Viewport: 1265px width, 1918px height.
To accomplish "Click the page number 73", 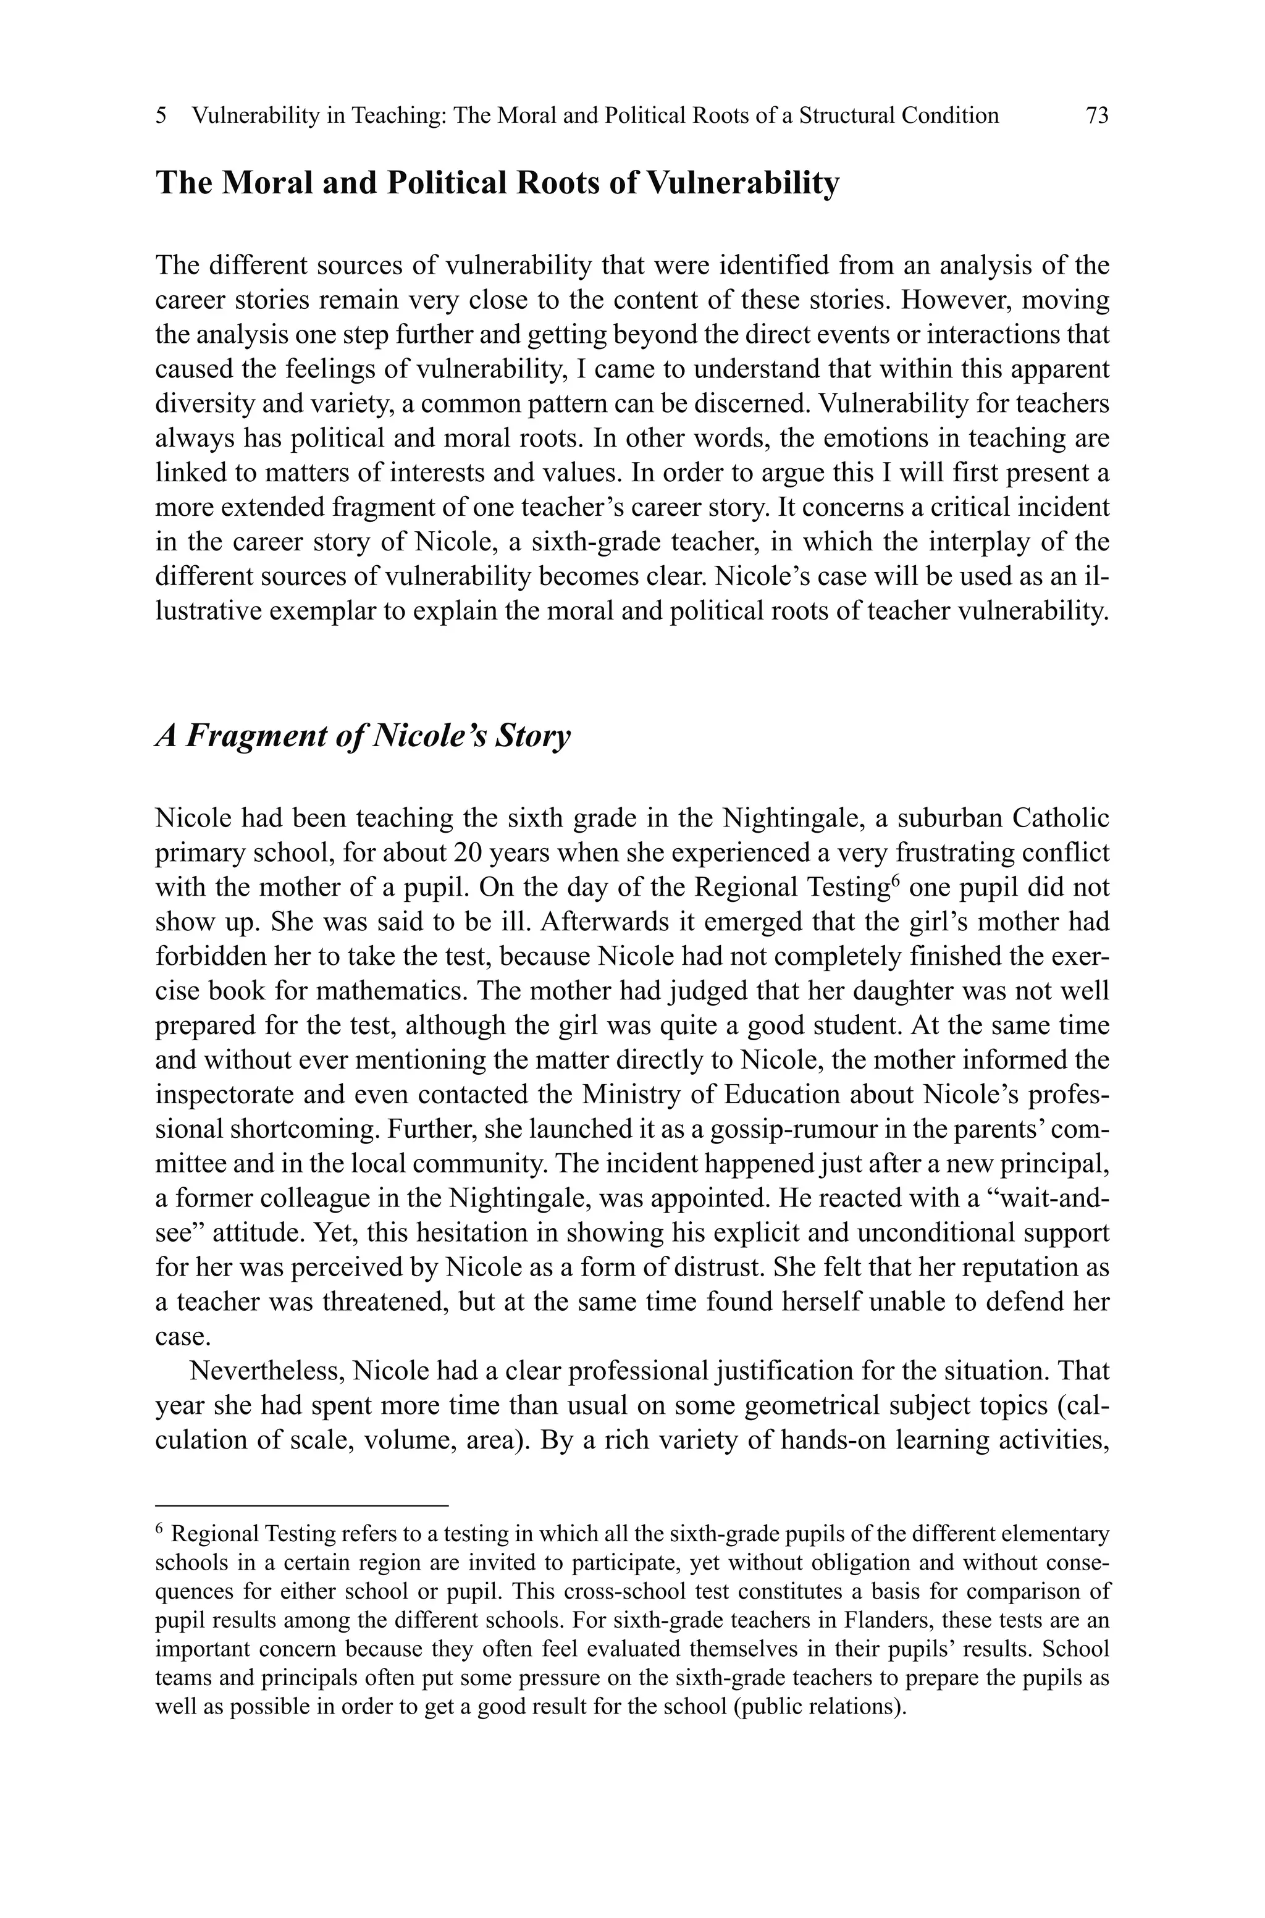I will (x=1097, y=116).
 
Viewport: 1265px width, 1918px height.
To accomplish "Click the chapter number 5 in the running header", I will (x=161, y=116).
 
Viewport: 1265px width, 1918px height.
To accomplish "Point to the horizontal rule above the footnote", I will (x=301, y=1505).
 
